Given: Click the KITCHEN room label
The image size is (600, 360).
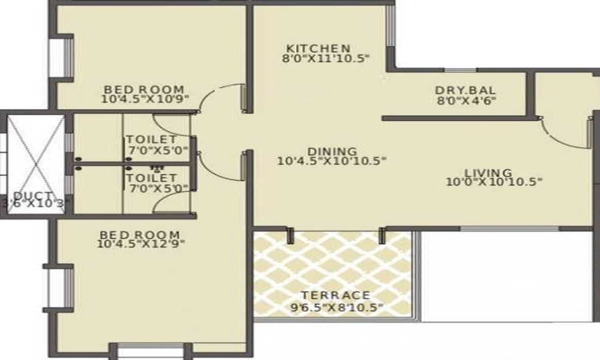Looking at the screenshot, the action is pos(319,49).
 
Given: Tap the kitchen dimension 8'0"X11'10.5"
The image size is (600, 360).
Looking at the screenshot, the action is pos(325,59).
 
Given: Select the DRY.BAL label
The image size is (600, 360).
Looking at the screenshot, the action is pos(466,91).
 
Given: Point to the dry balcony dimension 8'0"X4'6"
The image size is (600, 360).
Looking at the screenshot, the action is pos(466,101).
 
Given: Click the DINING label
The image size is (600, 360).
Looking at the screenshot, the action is pos(332,151).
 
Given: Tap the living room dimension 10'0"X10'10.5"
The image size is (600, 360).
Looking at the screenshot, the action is pos(494,182).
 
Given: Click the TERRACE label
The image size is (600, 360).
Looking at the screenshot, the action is pos(335,295).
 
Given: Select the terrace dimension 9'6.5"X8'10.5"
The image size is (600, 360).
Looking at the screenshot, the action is pos(337,307).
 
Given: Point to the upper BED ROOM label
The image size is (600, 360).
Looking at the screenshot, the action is pos(144,89).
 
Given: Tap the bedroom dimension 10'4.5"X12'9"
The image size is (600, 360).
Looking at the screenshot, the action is pos(141,244).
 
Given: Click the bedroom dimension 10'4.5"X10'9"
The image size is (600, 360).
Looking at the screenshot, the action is pos(146,99).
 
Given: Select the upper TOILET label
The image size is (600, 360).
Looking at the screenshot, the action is pos(152,139).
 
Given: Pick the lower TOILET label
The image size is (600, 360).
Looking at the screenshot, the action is pos(152,178).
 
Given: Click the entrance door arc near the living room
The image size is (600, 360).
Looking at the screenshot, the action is pos(559,140).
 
